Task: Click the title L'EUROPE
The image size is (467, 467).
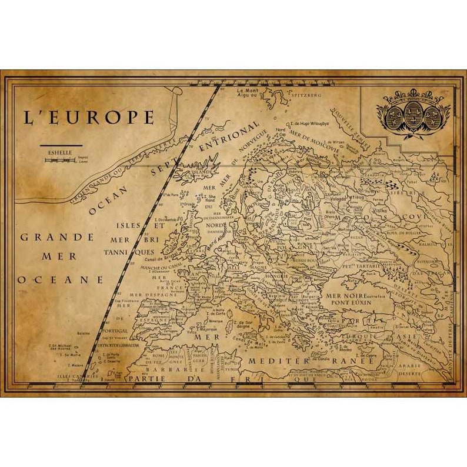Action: (88, 117)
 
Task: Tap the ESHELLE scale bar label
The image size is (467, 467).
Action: (61, 151)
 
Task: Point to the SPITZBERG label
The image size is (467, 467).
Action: (306, 95)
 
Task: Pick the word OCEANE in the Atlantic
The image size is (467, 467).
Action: (61, 279)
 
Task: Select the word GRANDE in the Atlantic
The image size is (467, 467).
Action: (57, 238)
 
